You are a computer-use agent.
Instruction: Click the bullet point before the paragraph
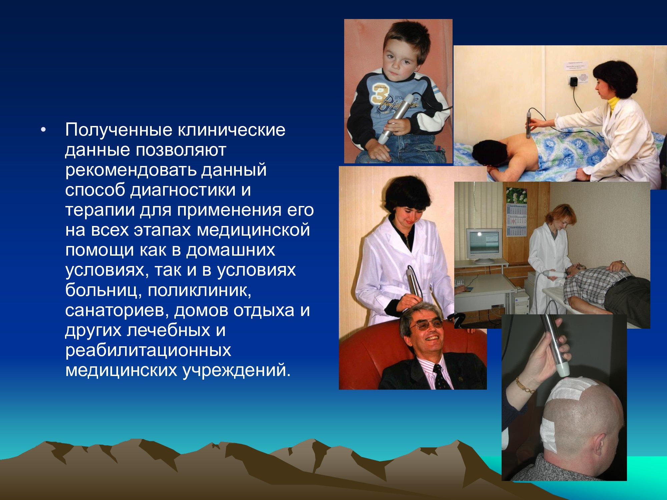point(42,130)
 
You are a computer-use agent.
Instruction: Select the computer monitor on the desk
point(484,245)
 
